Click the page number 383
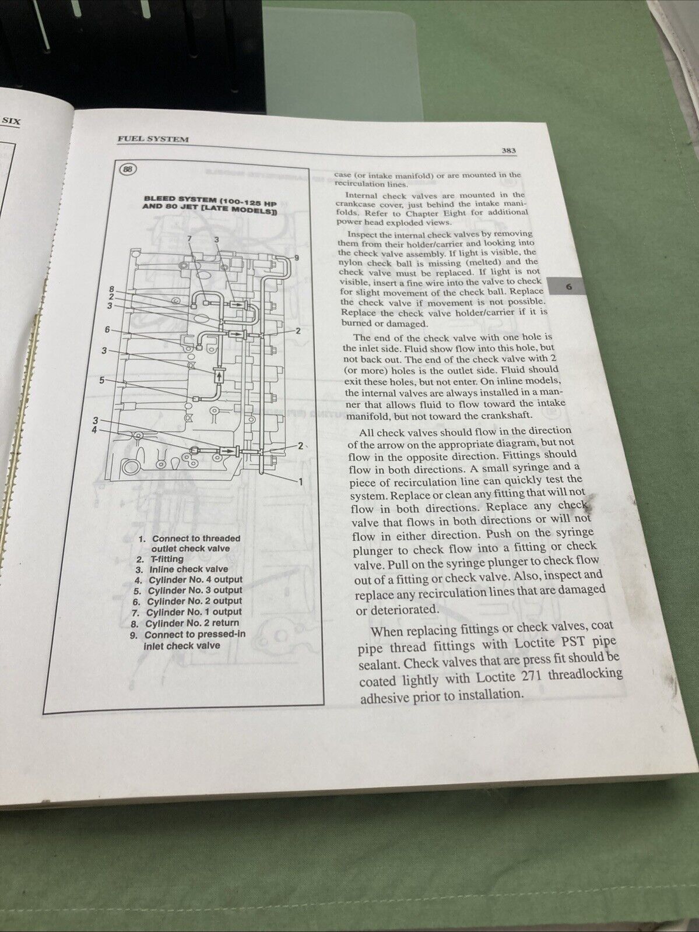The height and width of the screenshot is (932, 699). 508,150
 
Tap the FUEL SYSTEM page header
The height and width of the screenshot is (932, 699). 153,139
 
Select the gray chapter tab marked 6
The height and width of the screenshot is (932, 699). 568,287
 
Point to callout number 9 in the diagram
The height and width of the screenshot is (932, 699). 297,258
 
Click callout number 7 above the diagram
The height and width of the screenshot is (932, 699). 190,238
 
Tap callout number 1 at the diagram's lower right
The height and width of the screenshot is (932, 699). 301,481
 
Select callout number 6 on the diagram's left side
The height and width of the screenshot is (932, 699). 107,329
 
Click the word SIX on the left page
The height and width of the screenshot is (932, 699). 11,121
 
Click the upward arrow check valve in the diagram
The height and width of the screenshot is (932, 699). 220,377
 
